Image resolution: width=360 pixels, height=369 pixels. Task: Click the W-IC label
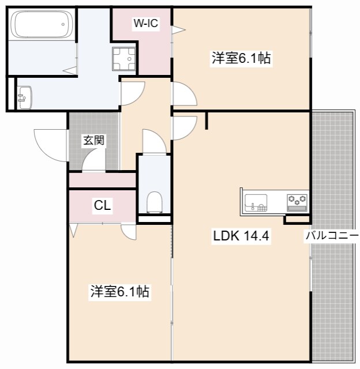click(x=145, y=23)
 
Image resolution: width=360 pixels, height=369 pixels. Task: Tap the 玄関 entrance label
click(x=93, y=140)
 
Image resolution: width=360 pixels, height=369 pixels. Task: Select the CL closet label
click(x=103, y=205)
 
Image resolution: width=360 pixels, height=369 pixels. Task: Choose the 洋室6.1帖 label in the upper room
click(x=242, y=58)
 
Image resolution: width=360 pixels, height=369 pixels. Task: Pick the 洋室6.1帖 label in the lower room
click(x=119, y=292)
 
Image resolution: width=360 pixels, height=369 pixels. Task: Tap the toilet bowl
click(x=154, y=202)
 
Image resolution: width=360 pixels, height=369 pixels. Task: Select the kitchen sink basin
click(x=256, y=202)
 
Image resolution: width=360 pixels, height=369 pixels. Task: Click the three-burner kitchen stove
click(x=298, y=201)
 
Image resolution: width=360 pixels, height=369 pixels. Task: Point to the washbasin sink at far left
click(x=24, y=96)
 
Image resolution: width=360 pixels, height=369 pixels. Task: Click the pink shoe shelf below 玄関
click(x=102, y=180)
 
